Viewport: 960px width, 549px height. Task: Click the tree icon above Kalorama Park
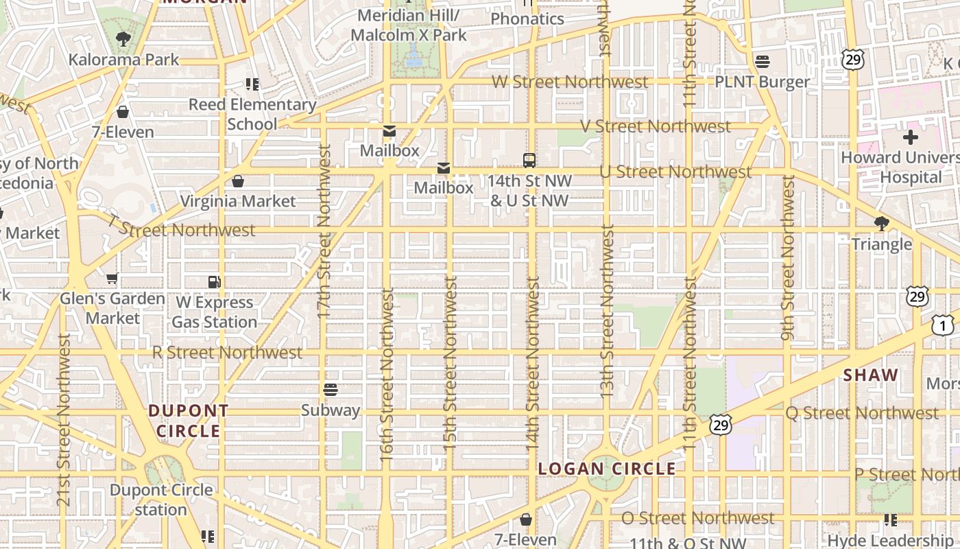pyautogui.click(x=123, y=39)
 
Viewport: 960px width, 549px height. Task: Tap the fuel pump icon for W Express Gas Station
pyautogui.click(x=215, y=281)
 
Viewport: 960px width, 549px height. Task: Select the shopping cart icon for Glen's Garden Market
pyautogui.click(x=112, y=279)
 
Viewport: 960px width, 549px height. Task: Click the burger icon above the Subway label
pyautogui.click(x=331, y=390)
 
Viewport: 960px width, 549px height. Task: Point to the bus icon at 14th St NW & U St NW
pyautogui.click(x=529, y=161)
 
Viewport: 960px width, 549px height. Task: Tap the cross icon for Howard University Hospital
pyautogui.click(x=910, y=137)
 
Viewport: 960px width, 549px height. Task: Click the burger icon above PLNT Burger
pyautogui.click(x=763, y=62)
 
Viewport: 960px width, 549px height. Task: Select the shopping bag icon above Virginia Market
pyautogui.click(x=238, y=181)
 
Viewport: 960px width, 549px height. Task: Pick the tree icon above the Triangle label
pyautogui.click(x=882, y=224)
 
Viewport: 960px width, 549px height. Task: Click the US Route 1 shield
pyautogui.click(x=942, y=325)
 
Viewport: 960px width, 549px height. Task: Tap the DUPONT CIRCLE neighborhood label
pyautogui.click(x=189, y=421)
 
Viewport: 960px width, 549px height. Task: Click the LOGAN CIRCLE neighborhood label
pyautogui.click(x=607, y=469)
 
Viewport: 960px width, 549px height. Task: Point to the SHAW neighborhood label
pyautogui.click(x=871, y=375)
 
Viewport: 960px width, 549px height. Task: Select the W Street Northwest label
pyautogui.click(x=569, y=82)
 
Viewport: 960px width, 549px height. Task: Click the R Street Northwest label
pyautogui.click(x=227, y=352)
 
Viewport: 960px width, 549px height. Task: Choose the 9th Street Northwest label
pyautogui.click(x=787, y=257)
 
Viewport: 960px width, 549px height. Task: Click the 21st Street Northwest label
pyautogui.click(x=64, y=420)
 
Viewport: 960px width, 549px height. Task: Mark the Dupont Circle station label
pyautogui.click(x=161, y=500)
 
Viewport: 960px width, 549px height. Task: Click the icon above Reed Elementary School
pyautogui.click(x=252, y=84)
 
